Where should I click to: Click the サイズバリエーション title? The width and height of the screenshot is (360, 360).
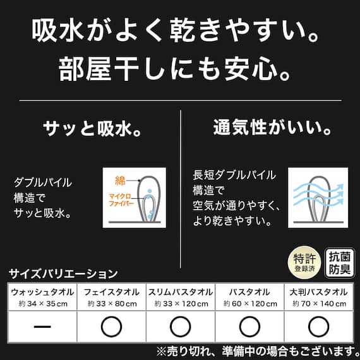tap(63, 274)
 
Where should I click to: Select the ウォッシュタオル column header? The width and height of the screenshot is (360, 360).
tap(43, 292)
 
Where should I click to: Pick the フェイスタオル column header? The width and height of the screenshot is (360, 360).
tap(111, 292)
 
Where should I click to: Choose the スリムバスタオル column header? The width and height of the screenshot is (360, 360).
tap(180, 292)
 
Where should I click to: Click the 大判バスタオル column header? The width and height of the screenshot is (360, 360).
tap(318, 292)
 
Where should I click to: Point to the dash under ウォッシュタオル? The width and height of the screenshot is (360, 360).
tap(43, 327)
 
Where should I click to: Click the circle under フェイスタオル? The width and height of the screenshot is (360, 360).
tap(111, 327)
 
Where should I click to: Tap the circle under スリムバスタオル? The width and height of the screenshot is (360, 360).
tap(180, 327)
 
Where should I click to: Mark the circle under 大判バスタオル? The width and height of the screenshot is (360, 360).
tap(318, 327)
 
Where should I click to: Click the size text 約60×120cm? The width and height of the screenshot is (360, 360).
tap(249, 304)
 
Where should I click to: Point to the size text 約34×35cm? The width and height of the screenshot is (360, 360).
tap(43, 304)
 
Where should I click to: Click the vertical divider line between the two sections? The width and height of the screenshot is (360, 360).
tap(180, 171)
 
